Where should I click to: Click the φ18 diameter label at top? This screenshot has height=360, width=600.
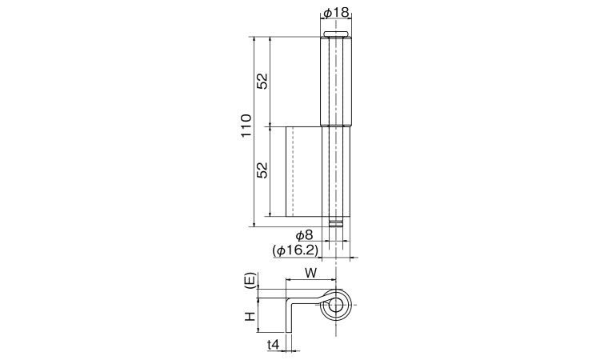pyautogui.click(x=336, y=13)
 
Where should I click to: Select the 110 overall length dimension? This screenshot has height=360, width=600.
pyautogui.click(x=246, y=126)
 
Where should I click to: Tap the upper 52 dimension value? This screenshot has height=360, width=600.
pyautogui.click(x=262, y=81)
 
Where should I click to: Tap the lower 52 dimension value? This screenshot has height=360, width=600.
pyautogui.click(x=262, y=170)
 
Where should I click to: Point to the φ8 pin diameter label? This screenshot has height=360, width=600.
pyautogui.click(x=304, y=234)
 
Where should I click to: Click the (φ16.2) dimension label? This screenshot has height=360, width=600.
pyautogui.click(x=295, y=250)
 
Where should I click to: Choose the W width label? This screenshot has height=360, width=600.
pyautogui.click(x=311, y=273)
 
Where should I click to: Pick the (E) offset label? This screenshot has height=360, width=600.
pyautogui.click(x=250, y=281)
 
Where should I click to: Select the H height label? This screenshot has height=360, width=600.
pyautogui.click(x=250, y=316)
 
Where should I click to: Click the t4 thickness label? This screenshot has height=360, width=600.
pyautogui.click(x=274, y=345)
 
